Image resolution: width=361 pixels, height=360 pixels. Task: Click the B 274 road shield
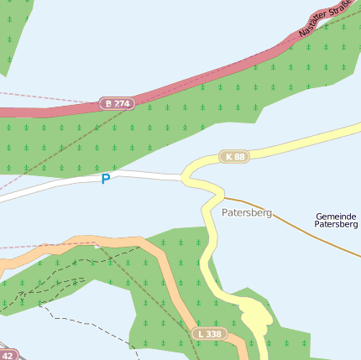tap(117, 103)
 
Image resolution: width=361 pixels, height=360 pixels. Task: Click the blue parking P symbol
tap(106, 179)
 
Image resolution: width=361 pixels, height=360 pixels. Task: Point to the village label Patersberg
tap(247, 213)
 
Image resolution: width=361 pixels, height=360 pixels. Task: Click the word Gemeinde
tap(337, 216)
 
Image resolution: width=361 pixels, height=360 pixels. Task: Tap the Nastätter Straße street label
tap(324, 20)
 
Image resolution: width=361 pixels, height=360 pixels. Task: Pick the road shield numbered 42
tap(7, 356)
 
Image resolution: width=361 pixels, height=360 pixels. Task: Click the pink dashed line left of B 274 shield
tap(42, 97)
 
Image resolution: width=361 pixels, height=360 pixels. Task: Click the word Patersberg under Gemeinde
tap(337, 225)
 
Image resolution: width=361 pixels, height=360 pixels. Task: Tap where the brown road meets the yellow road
tap(222, 197)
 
